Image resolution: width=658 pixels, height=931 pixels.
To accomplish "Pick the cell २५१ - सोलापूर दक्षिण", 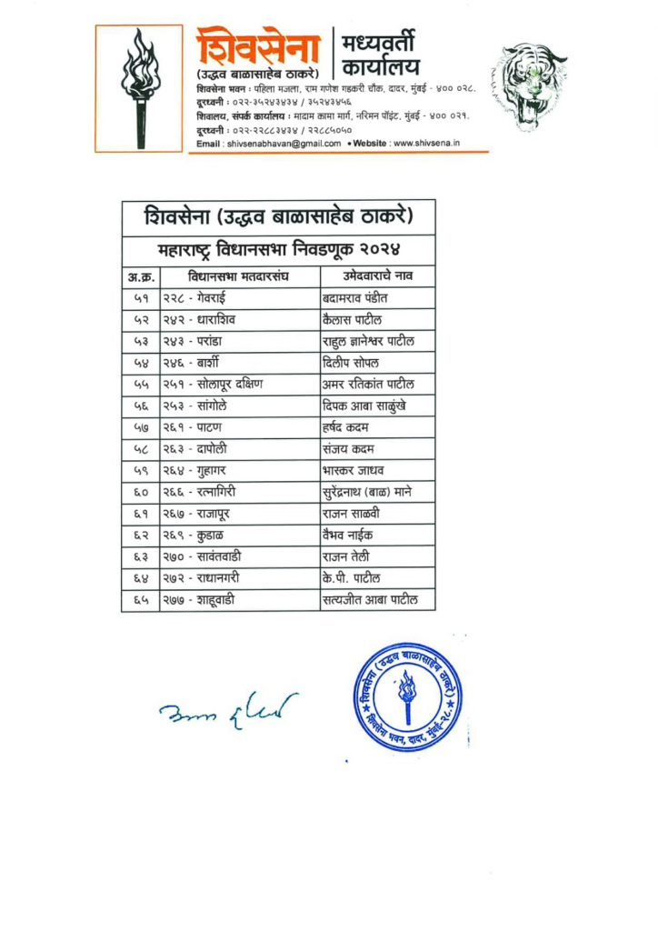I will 218,384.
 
